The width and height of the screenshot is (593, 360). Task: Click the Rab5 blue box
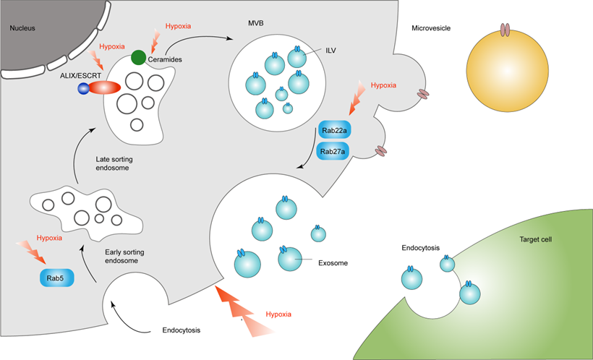tap(56, 278)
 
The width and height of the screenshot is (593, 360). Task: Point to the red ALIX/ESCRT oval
tap(105, 88)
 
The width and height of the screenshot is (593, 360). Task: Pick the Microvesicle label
tap(432, 29)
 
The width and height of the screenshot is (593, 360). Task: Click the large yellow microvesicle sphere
tap(505, 69)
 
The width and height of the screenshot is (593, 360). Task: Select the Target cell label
tap(536, 239)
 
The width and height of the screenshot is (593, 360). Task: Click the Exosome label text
tap(333, 263)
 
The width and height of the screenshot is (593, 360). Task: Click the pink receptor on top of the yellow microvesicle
tap(505, 30)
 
